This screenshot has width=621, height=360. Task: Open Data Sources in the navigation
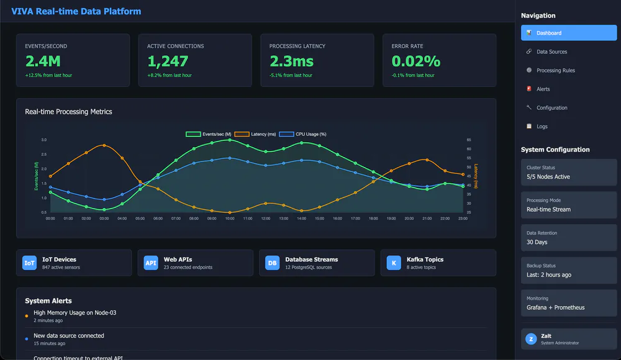click(551, 52)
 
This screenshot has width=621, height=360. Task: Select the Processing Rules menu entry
click(555, 70)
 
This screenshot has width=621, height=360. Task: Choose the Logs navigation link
click(542, 126)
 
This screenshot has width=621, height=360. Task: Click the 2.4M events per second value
click(43, 61)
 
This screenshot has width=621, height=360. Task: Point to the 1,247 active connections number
click(168, 61)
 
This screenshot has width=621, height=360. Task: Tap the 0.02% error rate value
click(416, 61)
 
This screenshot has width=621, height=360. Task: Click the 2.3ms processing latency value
click(291, 61)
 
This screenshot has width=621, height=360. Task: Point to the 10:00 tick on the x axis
click(230, 218)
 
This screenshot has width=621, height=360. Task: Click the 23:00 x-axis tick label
click(463, 218)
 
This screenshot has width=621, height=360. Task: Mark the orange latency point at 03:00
click(104, 145)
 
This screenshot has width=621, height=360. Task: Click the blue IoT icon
click(29, 263)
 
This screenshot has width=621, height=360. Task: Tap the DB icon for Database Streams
click(272, 263)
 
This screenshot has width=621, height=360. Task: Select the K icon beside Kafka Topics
click(394, 263)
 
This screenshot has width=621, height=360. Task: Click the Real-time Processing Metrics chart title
click(68, 112)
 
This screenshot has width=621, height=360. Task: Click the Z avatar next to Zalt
click(531, 339)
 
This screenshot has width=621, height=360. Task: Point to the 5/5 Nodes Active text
click(548, 177)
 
